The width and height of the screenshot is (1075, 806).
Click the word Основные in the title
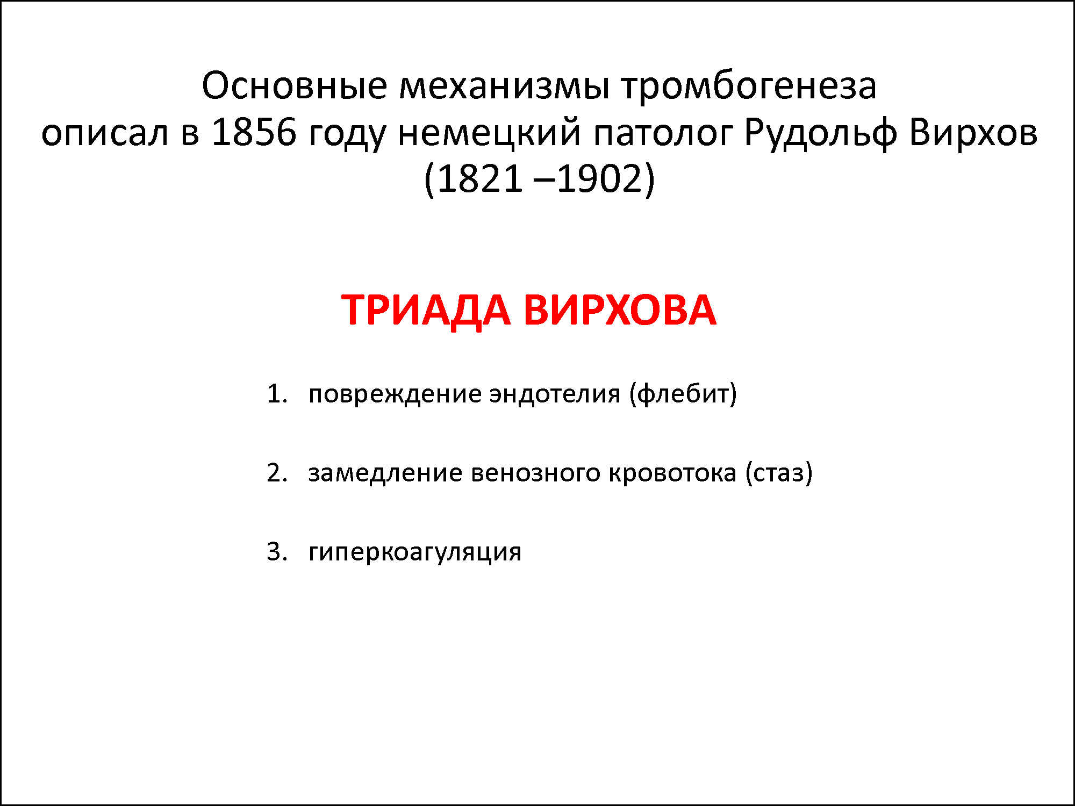tap(295, 86)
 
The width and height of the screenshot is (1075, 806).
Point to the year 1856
tap(254, 132)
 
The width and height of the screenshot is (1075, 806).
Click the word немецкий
tap(489, 132)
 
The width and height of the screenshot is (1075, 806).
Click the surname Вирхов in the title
tap(973, 132)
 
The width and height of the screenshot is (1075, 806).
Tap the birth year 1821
tap(479, 178)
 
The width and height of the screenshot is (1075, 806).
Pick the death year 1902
tap(600, 178)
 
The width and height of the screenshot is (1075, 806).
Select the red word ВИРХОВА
tap(620, 310)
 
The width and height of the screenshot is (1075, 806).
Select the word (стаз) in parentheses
tap(779, 473)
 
